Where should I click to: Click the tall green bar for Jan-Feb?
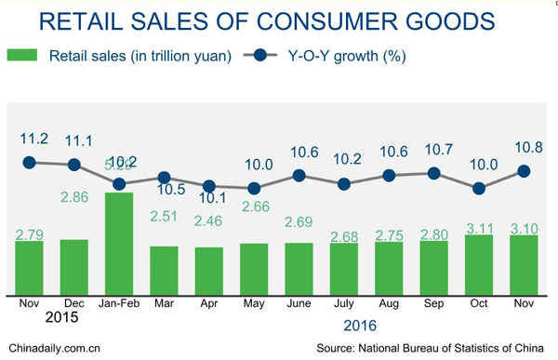tap(118, 244)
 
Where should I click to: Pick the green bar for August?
tap(390, 269)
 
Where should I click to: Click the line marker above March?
tap(164, 178)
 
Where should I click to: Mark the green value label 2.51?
tap(164, 218)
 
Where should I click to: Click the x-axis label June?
tap(299, 303)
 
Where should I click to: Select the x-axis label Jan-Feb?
tap(118, 303)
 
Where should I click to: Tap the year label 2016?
tap(359, 326)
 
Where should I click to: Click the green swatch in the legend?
tap(20, 57)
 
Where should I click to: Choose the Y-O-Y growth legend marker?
tap(258, 57)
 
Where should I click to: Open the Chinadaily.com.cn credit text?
tap(50, 349)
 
